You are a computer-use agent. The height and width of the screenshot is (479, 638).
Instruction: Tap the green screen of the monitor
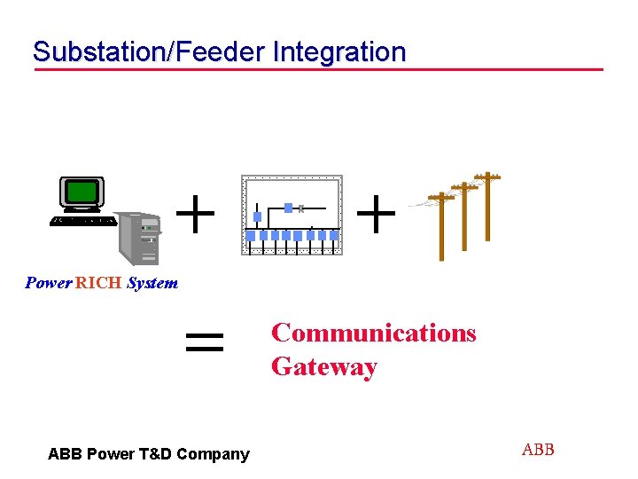(x=82, y=191)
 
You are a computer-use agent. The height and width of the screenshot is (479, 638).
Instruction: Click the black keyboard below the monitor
(x=83, y=220)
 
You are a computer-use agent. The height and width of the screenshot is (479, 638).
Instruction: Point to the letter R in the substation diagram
(x=301, y=209)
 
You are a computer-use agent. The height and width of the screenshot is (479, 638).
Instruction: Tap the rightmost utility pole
(x=487, y=206)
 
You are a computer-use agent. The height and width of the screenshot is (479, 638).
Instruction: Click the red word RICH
(x=99, y=284)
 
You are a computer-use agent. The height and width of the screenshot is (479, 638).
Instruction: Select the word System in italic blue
(x=152, y=284)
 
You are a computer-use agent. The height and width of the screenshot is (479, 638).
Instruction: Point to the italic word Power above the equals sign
(x=49, y=284)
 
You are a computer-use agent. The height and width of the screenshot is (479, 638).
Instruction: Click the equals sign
(x=204, y=342)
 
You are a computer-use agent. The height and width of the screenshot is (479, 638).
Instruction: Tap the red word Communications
(x=373, y=333)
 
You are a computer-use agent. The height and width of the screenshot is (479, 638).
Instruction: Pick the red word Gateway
(x=324, y=366)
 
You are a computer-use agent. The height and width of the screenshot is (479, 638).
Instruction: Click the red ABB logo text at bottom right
(x=538, y=450)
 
